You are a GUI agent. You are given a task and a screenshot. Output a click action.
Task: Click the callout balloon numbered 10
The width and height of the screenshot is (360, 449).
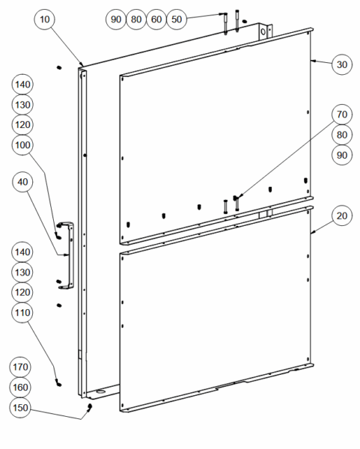click(x=44, y=19)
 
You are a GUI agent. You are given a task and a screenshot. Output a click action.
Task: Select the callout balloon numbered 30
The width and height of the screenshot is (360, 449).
click(x=342, y=64)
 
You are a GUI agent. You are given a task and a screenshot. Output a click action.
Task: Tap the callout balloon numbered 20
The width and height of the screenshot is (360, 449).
click(x=342, y=216)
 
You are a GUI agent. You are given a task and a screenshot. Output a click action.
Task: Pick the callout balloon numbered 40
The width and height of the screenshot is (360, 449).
click(x=22, y=182)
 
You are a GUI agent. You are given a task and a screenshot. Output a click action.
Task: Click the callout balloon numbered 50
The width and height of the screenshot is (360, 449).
click(x=177, y=19)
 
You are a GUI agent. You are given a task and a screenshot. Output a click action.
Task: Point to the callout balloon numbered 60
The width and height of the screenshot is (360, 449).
click(x=156, y=19)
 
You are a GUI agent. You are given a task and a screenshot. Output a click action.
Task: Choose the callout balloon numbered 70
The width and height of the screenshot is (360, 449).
click(x=342, y=114)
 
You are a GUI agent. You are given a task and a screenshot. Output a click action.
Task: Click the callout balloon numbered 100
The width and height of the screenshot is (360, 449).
click(x=22, y=145)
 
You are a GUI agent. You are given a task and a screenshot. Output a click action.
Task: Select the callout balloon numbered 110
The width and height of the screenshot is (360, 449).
click(x=22, y=312)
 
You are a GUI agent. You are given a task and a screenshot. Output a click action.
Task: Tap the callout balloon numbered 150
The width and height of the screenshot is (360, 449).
click(x=20, y=408)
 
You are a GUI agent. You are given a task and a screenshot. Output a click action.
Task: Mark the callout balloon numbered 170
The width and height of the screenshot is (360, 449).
click(x=20, y=367)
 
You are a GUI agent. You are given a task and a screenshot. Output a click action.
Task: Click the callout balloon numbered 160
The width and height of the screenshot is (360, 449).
click(x=20, y=387)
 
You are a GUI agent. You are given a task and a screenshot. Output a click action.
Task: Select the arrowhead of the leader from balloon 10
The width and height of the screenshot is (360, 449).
click(x=82, y=64)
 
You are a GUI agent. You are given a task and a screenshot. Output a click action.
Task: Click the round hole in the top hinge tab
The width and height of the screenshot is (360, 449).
click(x=263, y=32)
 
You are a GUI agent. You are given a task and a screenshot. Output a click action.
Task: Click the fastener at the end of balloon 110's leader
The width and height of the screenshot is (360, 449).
click(x=58, y=383)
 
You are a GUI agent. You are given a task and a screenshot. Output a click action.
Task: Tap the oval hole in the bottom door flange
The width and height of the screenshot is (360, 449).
click(x=100, y=391)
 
